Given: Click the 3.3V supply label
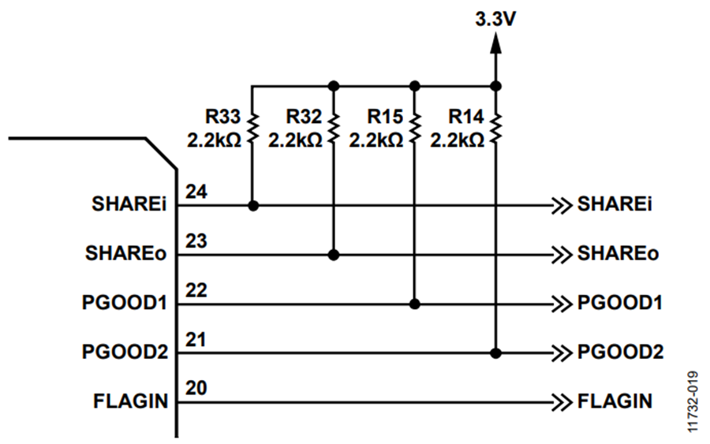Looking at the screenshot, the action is [x=495, y=20].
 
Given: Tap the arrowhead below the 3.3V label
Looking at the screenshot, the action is [x=496, y=43].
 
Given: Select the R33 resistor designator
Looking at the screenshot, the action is [x=222, y=117].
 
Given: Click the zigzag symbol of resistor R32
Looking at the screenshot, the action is [x=334, y=129].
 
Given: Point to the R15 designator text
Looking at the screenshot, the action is [x=384, y=117].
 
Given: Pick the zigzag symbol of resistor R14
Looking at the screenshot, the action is [x=496, y=129].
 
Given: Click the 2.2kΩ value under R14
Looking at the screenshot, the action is [x=457, y=140].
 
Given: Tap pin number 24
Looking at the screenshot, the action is [x=196, y=192].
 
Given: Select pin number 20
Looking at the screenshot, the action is [x=196, y=388].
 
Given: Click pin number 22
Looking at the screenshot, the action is [x=196, y=290].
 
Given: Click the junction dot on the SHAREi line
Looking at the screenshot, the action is [x=253, y=206].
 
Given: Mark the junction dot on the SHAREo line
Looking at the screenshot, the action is [x=334, y=256].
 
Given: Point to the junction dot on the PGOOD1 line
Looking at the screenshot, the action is [x=414, y=304].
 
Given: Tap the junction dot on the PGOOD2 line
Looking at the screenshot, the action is [x=496, y=353].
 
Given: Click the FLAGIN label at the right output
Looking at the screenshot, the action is [x=615, y=401].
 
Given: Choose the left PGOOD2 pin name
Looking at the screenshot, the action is [x=125, y=352].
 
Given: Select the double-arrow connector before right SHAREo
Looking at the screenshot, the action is [x=562, y=256].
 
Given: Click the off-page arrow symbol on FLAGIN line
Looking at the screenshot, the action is [x=562, y=402].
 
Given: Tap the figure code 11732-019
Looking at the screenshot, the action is [x=693, y=402].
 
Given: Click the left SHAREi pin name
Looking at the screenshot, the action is [x=129, y=204].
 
